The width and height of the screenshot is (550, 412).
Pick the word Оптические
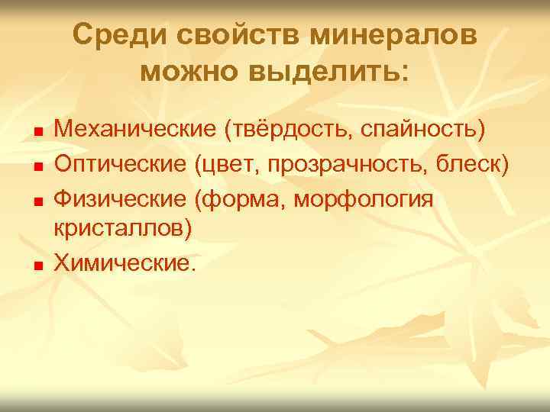point(122,163)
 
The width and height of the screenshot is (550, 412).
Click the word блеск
point(474,163)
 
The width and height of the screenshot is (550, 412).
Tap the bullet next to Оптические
point(37,165)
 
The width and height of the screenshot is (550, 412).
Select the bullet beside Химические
point(37,265)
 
